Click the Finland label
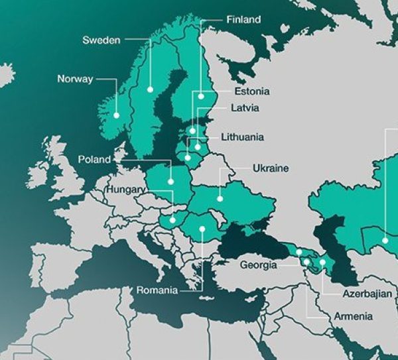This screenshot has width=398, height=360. (x=243, y=20)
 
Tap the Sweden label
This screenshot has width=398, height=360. (x=101, y=40)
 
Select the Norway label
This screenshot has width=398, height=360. (x=76, y=80)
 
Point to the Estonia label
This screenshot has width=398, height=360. (x=251, y=91)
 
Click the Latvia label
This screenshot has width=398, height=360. (x=245, y=107)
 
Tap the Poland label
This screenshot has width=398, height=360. (x=94, y=160)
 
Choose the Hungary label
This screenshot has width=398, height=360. (x=125, y=190)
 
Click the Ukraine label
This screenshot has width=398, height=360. (x=270, y=168)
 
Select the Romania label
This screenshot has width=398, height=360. (x=157, y=290)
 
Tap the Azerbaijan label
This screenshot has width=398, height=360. (x=367, y=293)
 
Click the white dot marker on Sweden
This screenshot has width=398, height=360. (x=151, y=89)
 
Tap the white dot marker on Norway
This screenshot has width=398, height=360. (x=116, y=115)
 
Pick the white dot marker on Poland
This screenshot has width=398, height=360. (x=172, y=180)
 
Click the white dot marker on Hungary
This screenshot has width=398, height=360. (x=172, y=219)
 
